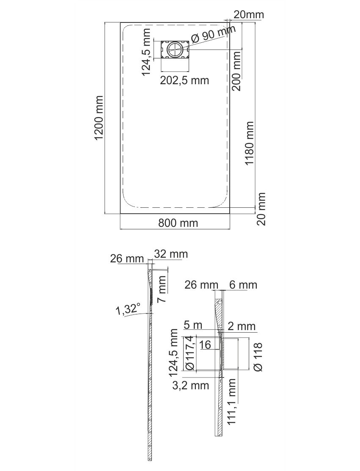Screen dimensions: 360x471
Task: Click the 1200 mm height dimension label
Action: coord(99,118)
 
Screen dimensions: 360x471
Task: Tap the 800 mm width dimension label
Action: coord(178,223)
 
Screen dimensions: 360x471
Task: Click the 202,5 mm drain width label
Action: coord(184,80)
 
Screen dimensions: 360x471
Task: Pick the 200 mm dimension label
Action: coord(236,71)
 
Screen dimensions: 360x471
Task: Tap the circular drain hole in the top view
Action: coord(174,49)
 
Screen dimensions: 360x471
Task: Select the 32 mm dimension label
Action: coord(171,254)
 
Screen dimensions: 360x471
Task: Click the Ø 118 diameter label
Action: coord(258,357)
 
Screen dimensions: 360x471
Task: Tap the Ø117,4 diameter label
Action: coord(190,353)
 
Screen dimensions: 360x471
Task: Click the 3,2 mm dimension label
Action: coord(190,386)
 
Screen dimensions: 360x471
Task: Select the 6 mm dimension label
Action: coord(243,284)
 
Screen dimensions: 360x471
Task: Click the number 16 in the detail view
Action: coord(205,344)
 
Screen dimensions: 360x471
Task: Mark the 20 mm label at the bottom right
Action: coord(261,209)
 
